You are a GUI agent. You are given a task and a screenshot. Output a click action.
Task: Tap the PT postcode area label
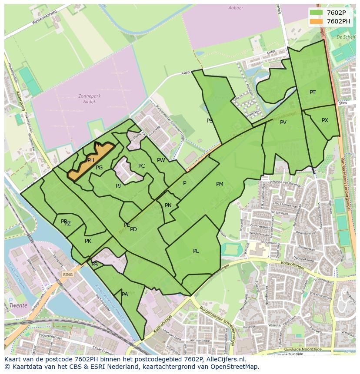(313, 93)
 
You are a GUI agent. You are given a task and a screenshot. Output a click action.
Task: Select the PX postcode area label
(325, 120)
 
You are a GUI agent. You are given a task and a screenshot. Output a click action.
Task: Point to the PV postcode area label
(283, 122)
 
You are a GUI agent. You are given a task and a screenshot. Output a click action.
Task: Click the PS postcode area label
(210, 121)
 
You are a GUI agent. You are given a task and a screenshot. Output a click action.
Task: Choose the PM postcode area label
(220, 184)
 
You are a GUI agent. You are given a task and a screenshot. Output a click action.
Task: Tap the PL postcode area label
(196, 251)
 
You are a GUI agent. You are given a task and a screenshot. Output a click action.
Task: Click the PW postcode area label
(161, 160)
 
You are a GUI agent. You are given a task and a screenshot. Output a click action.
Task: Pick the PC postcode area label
(141, 166)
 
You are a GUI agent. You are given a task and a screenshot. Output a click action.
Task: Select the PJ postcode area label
(118, 186)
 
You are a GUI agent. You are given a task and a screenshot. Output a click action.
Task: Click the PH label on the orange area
(91, 160)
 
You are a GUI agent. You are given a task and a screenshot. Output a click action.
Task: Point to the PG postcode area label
(99, 168)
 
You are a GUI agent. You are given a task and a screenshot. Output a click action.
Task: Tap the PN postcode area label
(168, 205)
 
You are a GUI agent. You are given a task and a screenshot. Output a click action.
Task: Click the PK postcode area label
(88, 241)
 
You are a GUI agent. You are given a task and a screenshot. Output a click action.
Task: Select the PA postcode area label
(125, 295)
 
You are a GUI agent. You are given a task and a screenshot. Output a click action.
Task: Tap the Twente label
(18, 305)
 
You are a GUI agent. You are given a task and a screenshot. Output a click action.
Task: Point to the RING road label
(68, 275)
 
